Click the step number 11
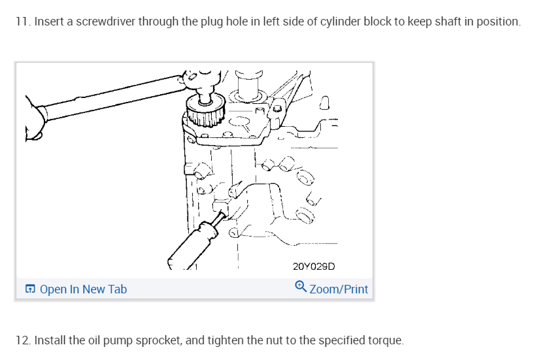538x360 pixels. pos(23,22)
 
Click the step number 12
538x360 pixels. pos(23,340)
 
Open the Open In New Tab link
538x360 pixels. pos(83,289)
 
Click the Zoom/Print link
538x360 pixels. pos(339,289)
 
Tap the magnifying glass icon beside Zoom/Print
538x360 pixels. pos(301,287)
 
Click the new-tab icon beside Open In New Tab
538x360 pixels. pos(30,289)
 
